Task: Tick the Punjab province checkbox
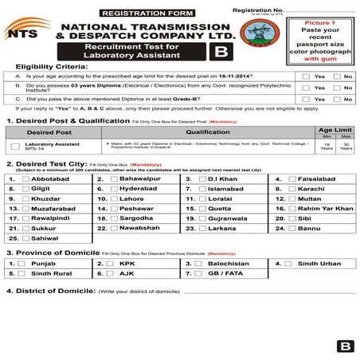pos(26,263)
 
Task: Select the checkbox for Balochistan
pos(203,263)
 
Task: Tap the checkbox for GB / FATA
pos(203,272)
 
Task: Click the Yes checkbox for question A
pos(306,76)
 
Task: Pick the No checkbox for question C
pos(337,100)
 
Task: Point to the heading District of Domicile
pos(51,292)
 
